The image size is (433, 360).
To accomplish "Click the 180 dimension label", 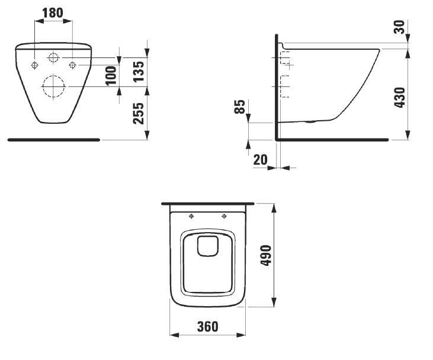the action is point(53,12).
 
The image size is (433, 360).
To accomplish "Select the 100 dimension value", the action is point(111,76).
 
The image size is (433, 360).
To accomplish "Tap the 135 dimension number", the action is point(139,72).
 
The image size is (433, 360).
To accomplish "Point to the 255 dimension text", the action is point(139,113).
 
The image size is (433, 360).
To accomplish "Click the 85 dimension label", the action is point(239,107).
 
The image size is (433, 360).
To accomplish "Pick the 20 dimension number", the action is point(261,160).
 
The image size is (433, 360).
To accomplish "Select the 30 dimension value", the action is point(399,27).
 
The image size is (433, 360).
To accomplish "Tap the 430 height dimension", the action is point(400,97).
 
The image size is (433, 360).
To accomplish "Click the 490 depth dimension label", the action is point(266,255).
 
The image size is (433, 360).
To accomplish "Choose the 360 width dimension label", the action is point(208,327).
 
